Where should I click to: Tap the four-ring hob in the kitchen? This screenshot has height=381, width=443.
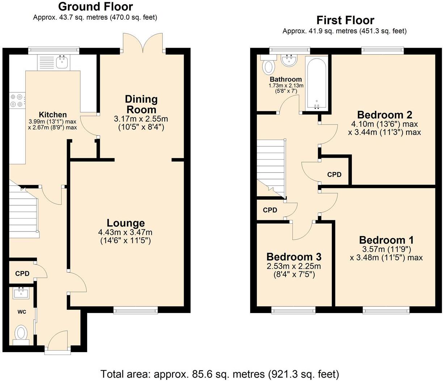17,101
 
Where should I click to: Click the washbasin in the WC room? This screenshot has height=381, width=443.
21,293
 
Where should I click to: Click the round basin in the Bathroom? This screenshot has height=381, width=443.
289,60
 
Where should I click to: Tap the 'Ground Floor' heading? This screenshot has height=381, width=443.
96,7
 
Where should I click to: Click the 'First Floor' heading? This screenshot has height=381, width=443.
345,20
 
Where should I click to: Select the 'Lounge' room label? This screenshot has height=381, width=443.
126,223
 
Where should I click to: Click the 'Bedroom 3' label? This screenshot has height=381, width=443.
294,257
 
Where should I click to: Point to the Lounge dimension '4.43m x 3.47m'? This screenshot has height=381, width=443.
125,232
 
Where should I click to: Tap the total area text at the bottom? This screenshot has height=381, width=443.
220,374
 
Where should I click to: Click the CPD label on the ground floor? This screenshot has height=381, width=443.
22,274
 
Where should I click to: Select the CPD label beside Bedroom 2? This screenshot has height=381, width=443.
334,175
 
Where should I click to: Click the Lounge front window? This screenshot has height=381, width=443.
136,310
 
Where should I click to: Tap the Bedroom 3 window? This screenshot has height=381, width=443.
294,310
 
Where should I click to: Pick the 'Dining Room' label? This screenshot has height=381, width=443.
141,104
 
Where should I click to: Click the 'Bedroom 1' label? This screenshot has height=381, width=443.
387,240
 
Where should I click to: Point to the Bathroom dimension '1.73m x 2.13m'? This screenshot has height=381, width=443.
286,86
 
